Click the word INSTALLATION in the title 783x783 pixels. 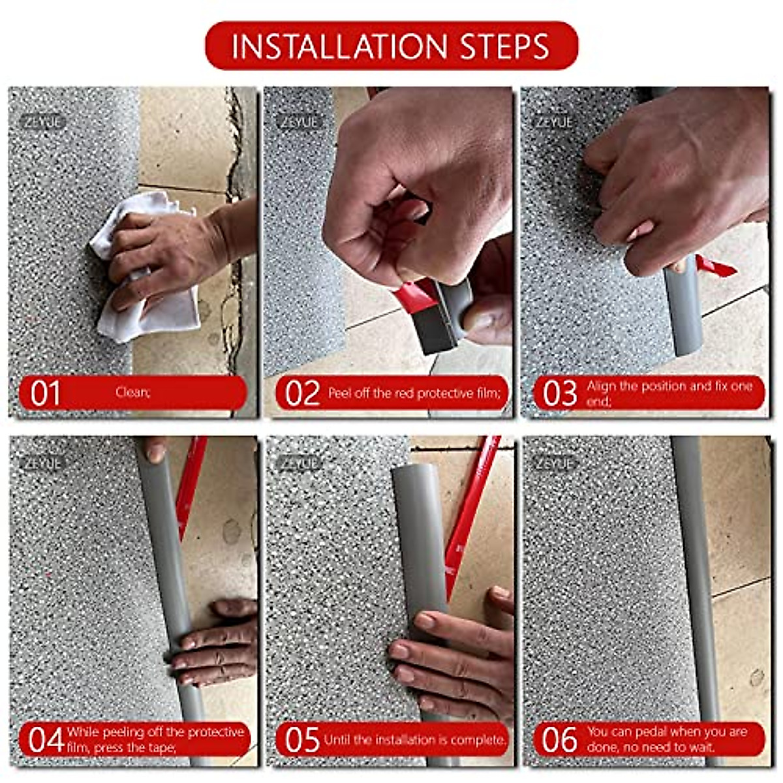tap(339, 46)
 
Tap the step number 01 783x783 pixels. tap(45, 393)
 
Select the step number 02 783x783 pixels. tap(302, 393)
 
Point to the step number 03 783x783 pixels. tap(559, 393)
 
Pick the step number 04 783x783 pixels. tap(46, 739)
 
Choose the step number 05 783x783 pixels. tap(302, 739)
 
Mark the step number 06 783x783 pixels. tap(559, 739)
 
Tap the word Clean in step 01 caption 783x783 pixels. tap(132, 392)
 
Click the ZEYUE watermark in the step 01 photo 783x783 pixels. tap(42, 122)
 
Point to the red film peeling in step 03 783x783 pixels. tap(715, 267)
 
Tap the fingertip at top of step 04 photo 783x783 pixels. tap(155, 450)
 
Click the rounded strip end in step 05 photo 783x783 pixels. tap(411, 473)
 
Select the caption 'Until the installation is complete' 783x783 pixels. tap(415, 739)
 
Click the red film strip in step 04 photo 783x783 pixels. tap(189, 487)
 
